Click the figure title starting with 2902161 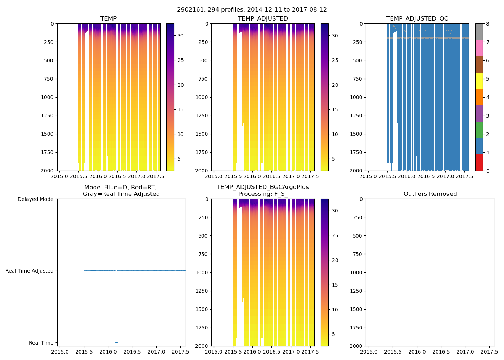[252, 10]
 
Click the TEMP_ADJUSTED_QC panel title [417, 19]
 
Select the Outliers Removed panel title [430, 194]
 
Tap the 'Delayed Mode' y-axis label [35, 199]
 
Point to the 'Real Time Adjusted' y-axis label [29, 271]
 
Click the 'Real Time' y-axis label [41, 343]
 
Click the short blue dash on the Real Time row [116, 342]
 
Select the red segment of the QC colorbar [479, 163]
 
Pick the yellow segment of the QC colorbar [479, 81]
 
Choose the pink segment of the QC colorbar [479, 48]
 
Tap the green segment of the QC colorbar [479, 130]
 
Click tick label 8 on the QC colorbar [487, 24]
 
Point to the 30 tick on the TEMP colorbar [180, 36]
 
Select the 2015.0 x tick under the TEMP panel [59, 176]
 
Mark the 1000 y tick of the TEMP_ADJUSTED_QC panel [355, 97]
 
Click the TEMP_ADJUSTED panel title [263, 19]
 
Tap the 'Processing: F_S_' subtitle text [263, 194]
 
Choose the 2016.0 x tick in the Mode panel [108, 352]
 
